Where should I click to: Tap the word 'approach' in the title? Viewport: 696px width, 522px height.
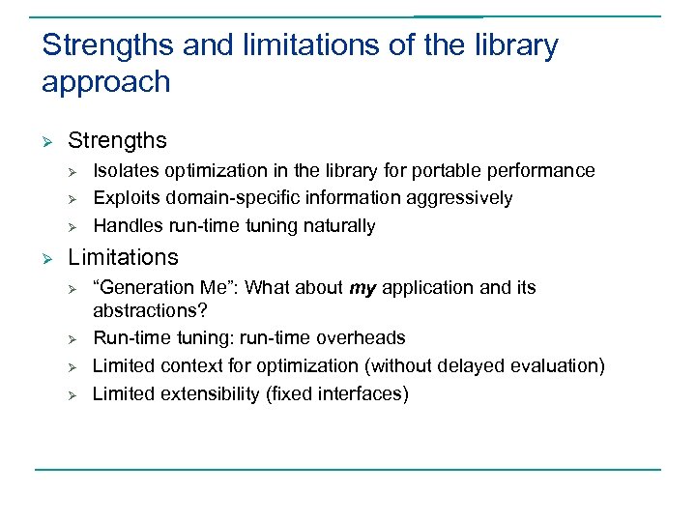click(x=106, y=83)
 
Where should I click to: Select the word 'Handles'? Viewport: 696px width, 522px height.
click(x=125, y=226)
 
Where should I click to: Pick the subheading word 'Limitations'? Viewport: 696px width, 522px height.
click(x=124, y=257)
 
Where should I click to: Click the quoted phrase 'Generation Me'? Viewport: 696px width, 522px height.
click(x=163, y=288)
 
